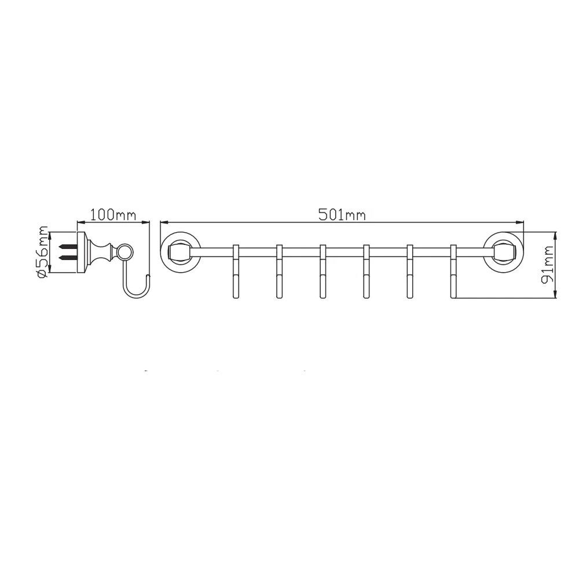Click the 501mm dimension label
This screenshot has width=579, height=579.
click(x=342, y=215)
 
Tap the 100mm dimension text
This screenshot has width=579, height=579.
click(x=113, y=215)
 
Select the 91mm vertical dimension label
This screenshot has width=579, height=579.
click(x=547, y=265)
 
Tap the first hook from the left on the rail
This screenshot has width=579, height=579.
click(x=236, y=271)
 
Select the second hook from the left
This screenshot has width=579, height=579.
click(x=279, y=271)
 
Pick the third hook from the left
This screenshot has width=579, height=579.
click(x=323, y=271)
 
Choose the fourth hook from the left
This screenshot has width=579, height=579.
click(x=367, y=271)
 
